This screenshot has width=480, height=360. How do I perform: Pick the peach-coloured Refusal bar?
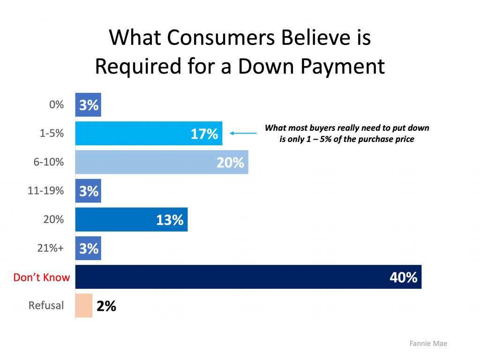[84, 306]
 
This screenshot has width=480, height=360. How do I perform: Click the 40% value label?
[403, 277]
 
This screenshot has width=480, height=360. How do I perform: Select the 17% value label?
[204, 134]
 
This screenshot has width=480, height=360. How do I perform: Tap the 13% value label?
[170, 220]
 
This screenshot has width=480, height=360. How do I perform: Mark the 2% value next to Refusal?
[106, 306]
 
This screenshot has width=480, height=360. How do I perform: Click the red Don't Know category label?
[42, 277]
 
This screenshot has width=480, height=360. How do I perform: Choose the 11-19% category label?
[49, 191]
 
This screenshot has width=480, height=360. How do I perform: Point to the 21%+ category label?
[51, 248]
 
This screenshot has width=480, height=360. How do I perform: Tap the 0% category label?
[56, 105]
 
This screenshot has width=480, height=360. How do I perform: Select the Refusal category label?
[46, 306]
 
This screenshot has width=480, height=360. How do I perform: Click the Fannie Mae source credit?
[428, 344]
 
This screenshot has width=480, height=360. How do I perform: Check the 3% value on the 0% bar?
[89, 105]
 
